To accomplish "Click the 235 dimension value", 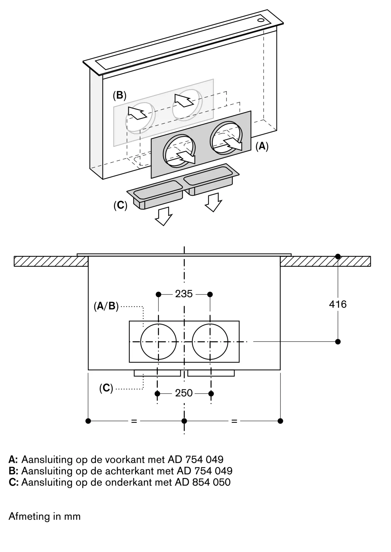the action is pos(184,294).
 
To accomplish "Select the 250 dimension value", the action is pos(184,393).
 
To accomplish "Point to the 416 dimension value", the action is pos(338,304).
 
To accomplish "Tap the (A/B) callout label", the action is pos(106,306).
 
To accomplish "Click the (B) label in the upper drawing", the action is pos(120,95).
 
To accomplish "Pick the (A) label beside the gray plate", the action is pos(262,146).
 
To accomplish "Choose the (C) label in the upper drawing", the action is pos(120,205).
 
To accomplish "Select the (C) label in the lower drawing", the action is pos(106,388).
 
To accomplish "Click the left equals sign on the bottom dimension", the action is pos(134,421).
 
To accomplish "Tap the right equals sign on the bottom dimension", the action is pos(234,421).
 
